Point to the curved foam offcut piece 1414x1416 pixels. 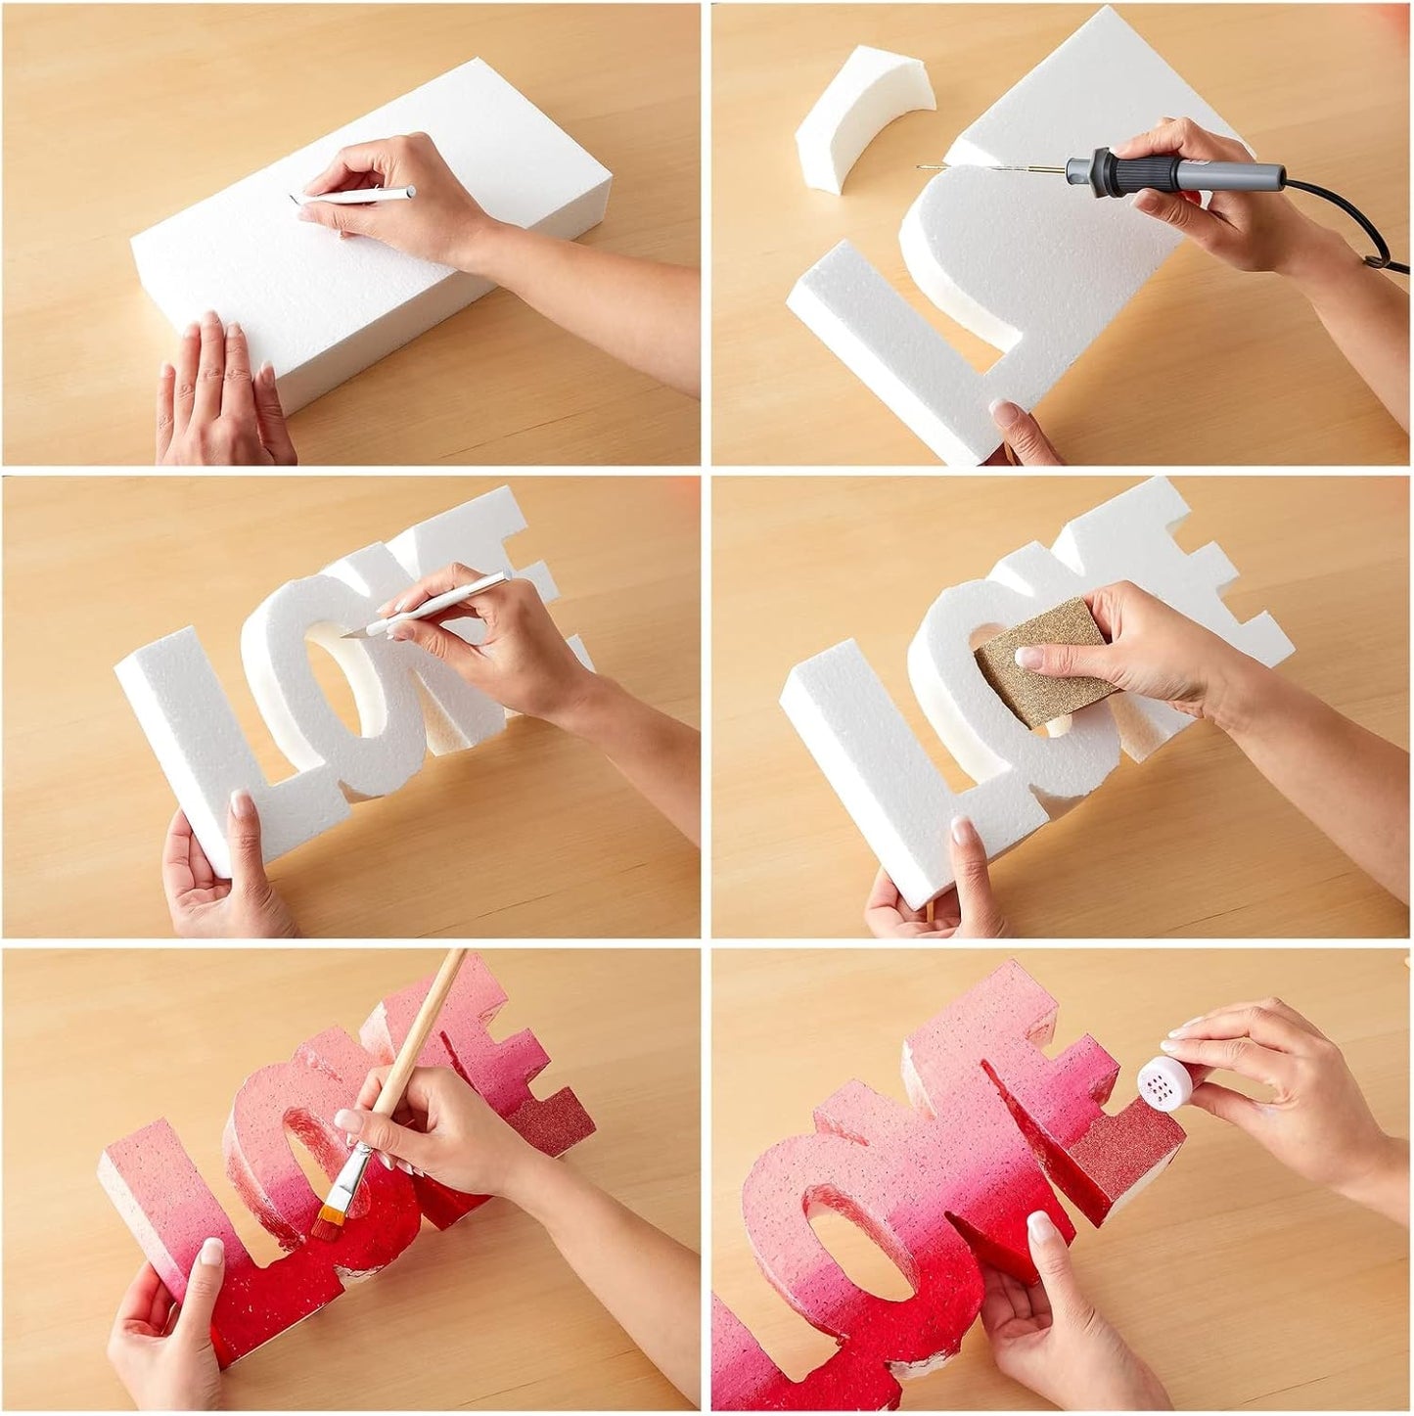[864, 117]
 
